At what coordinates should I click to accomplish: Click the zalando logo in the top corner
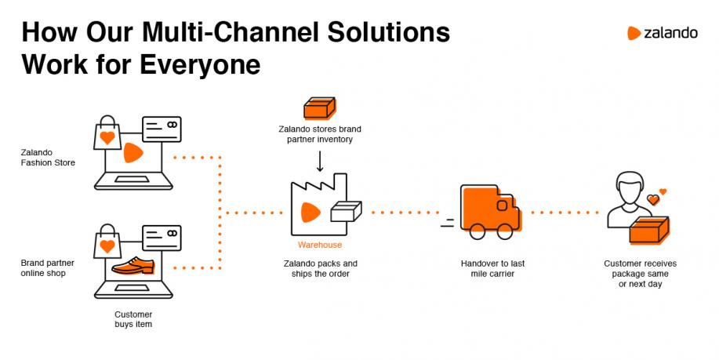pyautogui.click(x=662, y=33)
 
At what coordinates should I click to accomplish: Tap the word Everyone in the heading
pyautogui.click(x=200, y=64)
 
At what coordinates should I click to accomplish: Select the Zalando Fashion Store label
pyautogui.click(x=48, y=158)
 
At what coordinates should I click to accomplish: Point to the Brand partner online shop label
pyautogui.click(x=47, y=267)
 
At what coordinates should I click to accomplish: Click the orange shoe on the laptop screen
pyautogui.click(x=133, y=266)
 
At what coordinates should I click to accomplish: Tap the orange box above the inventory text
pyautogui.click(x=320, y=108)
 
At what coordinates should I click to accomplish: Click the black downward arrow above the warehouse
pyautogui.click(x=320, y=161)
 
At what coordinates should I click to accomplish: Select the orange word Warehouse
pyautogui.click(x=320, y=245)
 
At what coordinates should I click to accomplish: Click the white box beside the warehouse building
pyautogui.click(x=347, y=212)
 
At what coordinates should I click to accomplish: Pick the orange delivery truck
pyautogui.click(x=489, y=212)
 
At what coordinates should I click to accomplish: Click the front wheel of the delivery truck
pyautogui.click(x=504, y=231)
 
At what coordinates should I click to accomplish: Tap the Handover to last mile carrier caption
pyautogui.click(x=492, y=268)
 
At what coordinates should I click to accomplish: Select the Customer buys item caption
pyautogui.click(x=133, y=319)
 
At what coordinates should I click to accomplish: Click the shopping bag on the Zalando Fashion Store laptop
pyautogui.click(x=107, y=133)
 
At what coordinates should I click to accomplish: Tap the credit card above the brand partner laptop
pyautogui.click(x=162, y=238)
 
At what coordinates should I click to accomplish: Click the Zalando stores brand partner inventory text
pyautogui.click(x=320, y=134)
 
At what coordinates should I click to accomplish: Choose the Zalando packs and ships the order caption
pyautogui.click(x=320, y=268)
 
